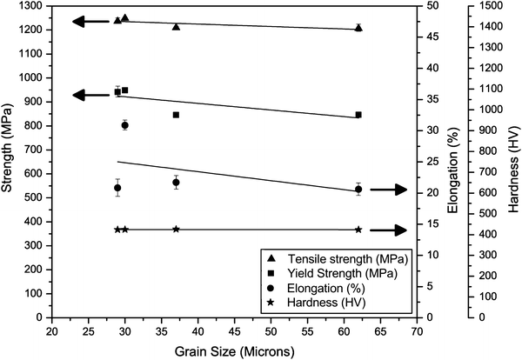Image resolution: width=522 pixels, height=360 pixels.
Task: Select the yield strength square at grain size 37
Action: (x=176, y=115)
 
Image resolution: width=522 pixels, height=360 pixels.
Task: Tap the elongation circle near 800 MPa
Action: (x=124, y=125)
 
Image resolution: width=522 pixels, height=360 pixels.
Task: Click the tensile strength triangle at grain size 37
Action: (x=176, y=27)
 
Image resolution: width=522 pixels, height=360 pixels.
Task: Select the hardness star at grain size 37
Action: (x=176, y=229)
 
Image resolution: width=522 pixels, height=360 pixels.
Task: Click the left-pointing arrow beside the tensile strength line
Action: (x=90, y=22)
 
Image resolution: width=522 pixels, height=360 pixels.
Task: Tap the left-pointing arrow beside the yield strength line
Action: (x=90, y=95)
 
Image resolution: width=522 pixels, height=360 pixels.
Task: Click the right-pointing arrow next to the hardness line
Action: (x=388, y=230)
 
